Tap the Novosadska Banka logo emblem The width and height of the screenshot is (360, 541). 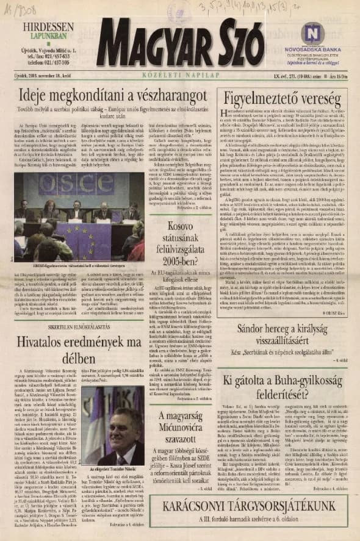[x=311, y=32]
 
